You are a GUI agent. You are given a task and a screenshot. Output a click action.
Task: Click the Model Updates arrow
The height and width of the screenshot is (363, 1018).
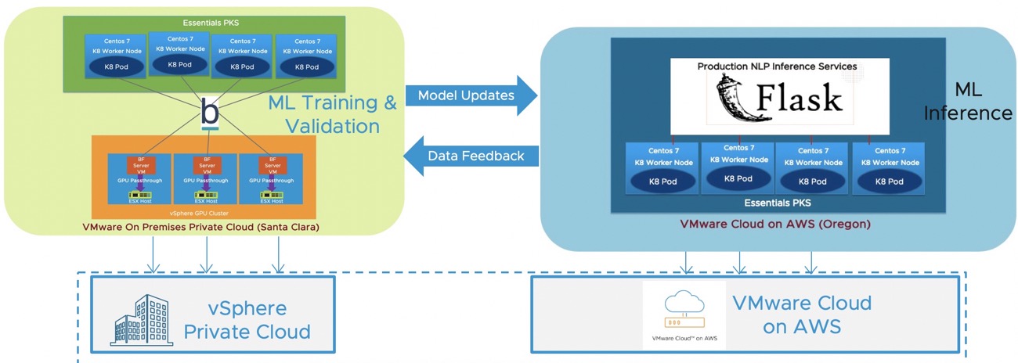(470, 95)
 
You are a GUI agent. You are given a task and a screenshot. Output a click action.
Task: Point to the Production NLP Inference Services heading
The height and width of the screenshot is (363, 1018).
(777, 66)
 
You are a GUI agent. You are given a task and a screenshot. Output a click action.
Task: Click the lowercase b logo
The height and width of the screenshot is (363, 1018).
(210, 112)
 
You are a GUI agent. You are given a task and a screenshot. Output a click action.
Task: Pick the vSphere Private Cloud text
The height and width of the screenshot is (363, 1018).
(247, 319)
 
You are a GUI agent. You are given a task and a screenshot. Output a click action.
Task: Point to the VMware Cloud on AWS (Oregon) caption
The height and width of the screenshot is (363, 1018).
(775, 224)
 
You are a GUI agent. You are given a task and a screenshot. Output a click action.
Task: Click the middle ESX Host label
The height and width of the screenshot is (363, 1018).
(206, 201)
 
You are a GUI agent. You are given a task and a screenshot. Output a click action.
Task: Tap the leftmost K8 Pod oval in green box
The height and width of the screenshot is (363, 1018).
(116, 67)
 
